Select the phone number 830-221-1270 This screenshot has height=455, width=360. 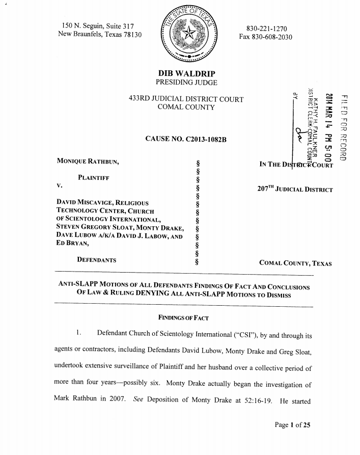(266, 29)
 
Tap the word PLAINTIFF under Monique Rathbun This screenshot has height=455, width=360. (93, 178)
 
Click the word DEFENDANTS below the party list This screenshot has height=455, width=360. (96, 260)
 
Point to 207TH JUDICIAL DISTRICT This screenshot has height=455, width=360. (295, 190)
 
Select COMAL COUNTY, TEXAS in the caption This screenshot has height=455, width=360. (295, 263)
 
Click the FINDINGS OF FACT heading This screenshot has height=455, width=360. (183, 318)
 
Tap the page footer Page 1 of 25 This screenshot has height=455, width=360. (292, 425)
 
